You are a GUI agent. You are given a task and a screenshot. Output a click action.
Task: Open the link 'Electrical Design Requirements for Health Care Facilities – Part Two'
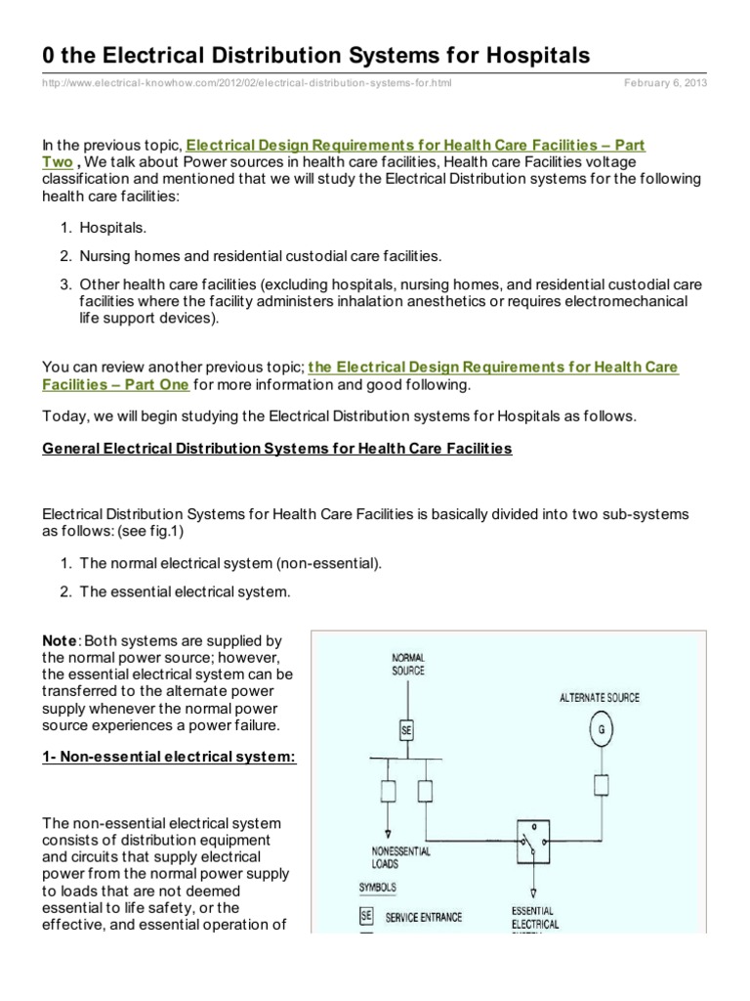tap(415, 145)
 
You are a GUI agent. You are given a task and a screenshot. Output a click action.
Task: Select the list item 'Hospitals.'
tap(114, 227)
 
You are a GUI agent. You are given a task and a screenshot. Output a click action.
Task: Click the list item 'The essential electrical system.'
tap(185, 591)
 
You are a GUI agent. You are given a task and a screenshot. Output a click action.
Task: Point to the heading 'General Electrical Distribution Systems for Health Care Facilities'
tap(276, 449)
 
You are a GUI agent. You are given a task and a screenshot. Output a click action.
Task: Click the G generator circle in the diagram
tap(601, 731)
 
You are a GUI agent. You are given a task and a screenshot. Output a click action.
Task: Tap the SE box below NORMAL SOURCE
tap(407, 729)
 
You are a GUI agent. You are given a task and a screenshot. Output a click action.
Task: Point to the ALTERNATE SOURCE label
tap(600, 697)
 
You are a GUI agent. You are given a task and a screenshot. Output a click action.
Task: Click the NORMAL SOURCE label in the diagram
tap(408, 665)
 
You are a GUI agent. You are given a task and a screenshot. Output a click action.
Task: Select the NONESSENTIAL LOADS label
tap(399, 857)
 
